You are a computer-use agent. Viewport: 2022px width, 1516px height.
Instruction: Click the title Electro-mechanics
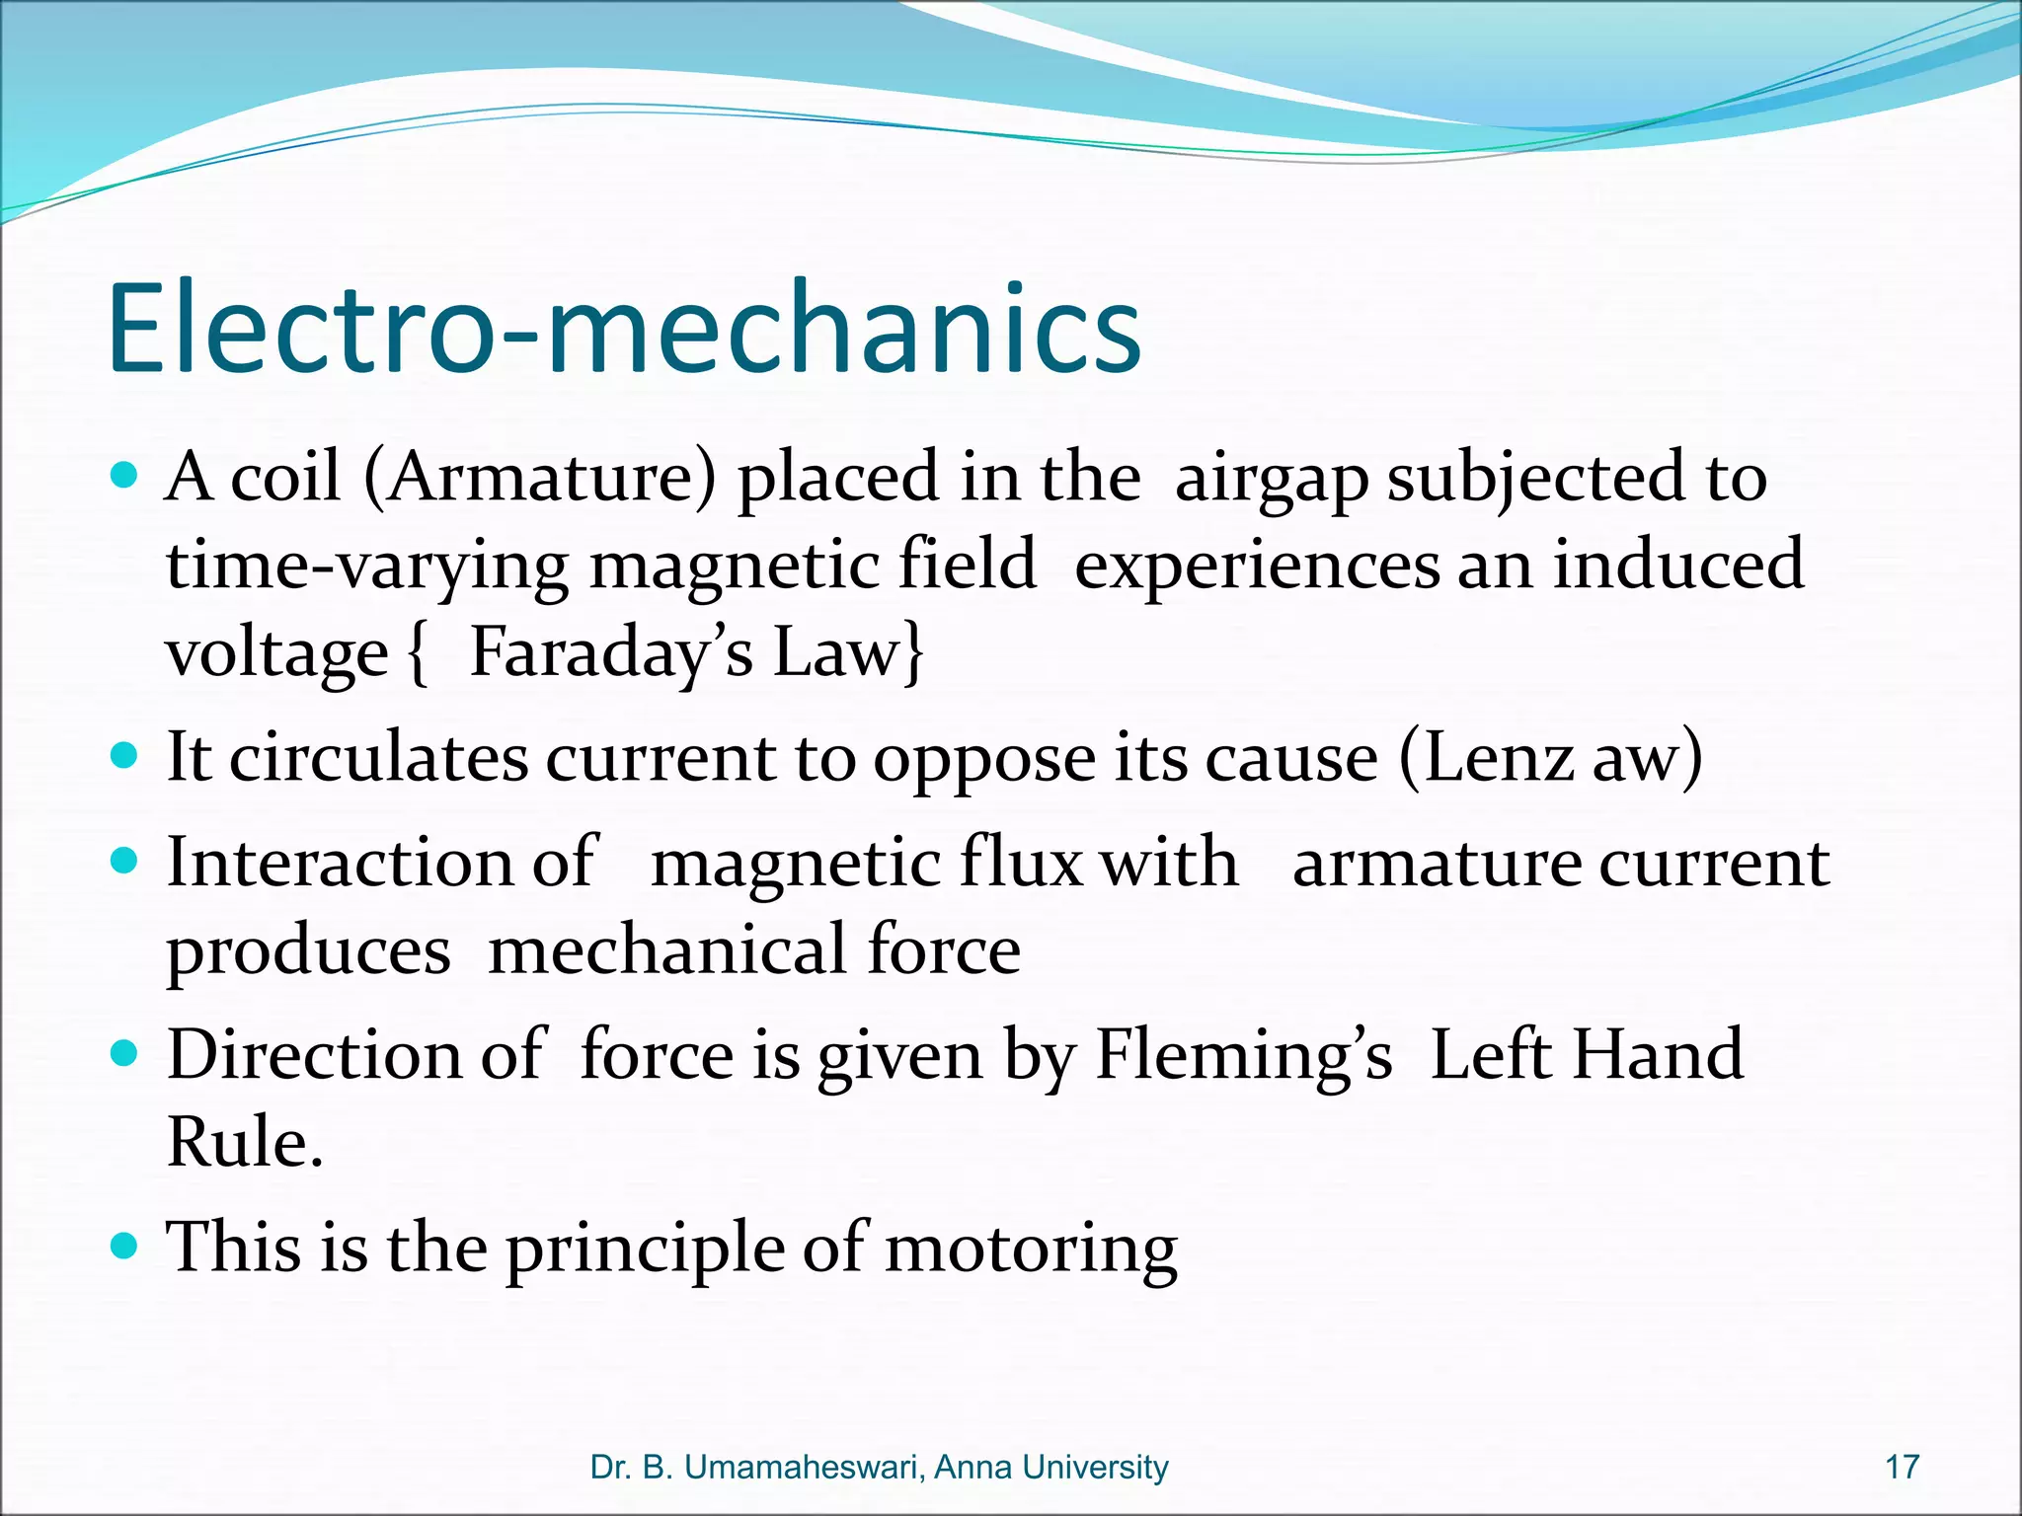tap(624, 329)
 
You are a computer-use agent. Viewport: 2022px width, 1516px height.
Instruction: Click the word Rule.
tap(244, 1143)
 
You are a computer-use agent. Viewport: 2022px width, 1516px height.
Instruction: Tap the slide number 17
tap(1902, 1468)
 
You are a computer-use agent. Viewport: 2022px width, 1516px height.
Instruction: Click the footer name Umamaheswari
tap(801, 1468)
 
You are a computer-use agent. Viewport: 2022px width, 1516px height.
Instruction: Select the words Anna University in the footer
tap(1050, 1468)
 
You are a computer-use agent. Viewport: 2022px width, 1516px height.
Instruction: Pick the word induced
tap(1678, 566)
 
